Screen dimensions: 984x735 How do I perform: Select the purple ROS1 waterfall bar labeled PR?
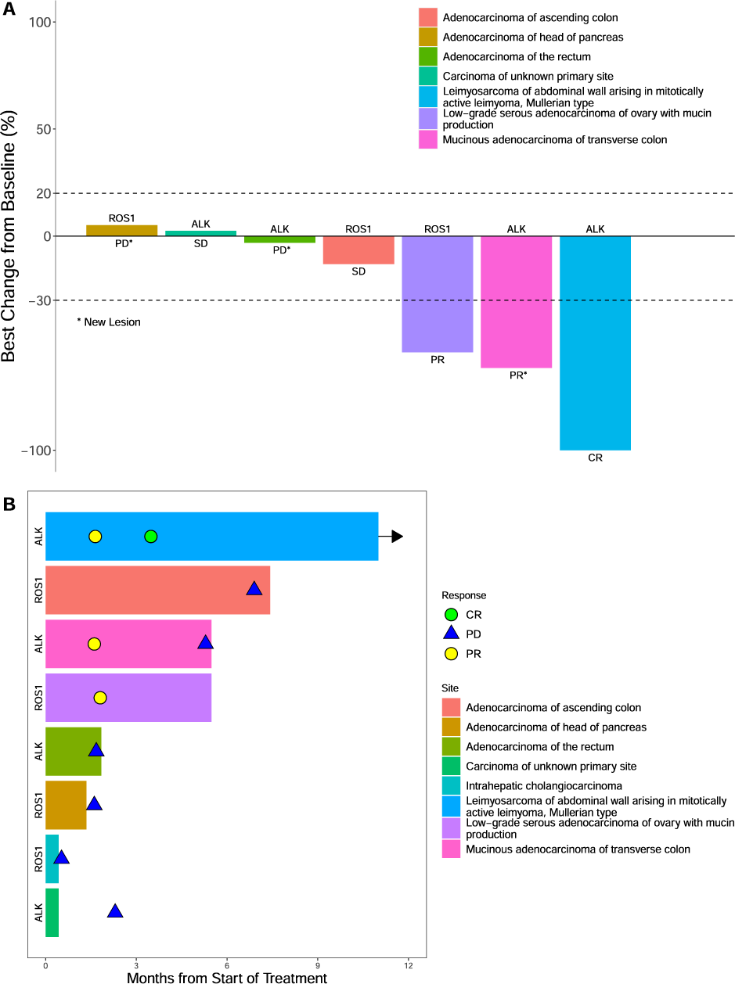pyautogui.click(x=437, y=293)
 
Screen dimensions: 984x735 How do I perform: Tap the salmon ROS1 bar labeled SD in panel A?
pyautogui.click(x=358, y=250)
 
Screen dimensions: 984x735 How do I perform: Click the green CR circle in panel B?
pyautogui.click(x=151, y=537)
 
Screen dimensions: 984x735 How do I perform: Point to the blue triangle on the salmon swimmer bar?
pyautogui.click(x=254, y=589)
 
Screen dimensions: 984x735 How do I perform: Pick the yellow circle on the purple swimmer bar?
pyautogui.click(x=100, y=697)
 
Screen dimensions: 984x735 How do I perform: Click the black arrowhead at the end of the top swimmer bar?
pyautogui.click(x=397, y=537)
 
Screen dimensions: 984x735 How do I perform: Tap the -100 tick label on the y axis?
pyautogui.click(x=36, y=451)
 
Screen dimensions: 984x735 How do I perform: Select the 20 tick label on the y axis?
pyautogui.click(x=44, y=193)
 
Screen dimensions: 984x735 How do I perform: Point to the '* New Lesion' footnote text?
pyautogui.click(x=109, y=322)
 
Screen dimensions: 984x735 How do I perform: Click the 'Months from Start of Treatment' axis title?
pyautogui.click(x=227, y=977)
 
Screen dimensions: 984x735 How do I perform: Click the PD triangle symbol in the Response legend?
pyautogui.click(x=451, y=634)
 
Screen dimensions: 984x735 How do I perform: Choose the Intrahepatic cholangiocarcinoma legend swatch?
pyautogui.click(x=451, y=785)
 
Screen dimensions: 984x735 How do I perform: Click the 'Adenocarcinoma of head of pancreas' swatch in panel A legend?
pyautogui.click(x=428, y=37)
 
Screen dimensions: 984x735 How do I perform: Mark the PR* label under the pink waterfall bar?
pyautogui.click(x=517, y=375)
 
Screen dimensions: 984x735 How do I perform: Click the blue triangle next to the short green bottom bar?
pyautogui.click(x=115, y=911)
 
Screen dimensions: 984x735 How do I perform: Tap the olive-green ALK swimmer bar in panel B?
pyautogui.click(x=73, y=751)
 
